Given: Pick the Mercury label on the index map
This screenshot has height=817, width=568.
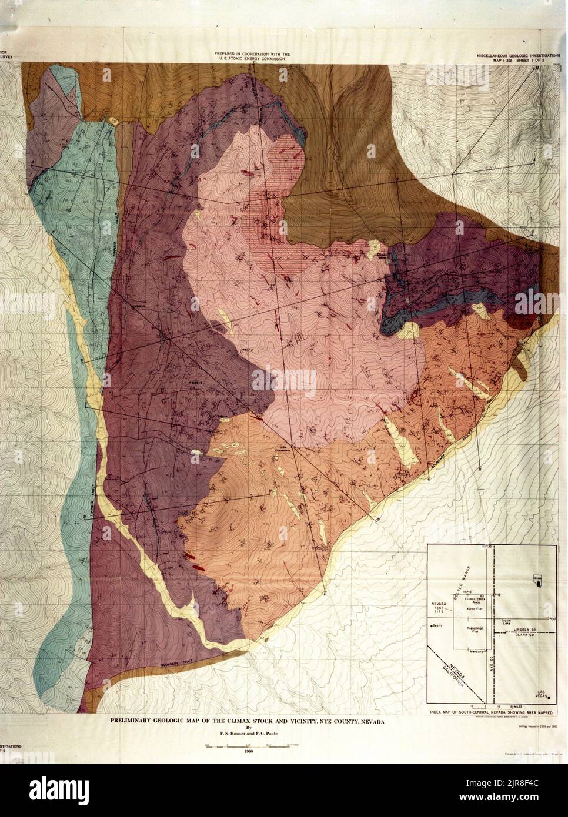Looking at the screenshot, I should [476, 651].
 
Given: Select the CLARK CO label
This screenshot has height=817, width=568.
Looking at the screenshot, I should [517, 635].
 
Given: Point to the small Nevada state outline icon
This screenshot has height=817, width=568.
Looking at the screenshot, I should [536, 578].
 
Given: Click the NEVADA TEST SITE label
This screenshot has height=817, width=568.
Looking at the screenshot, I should [437, 607].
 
